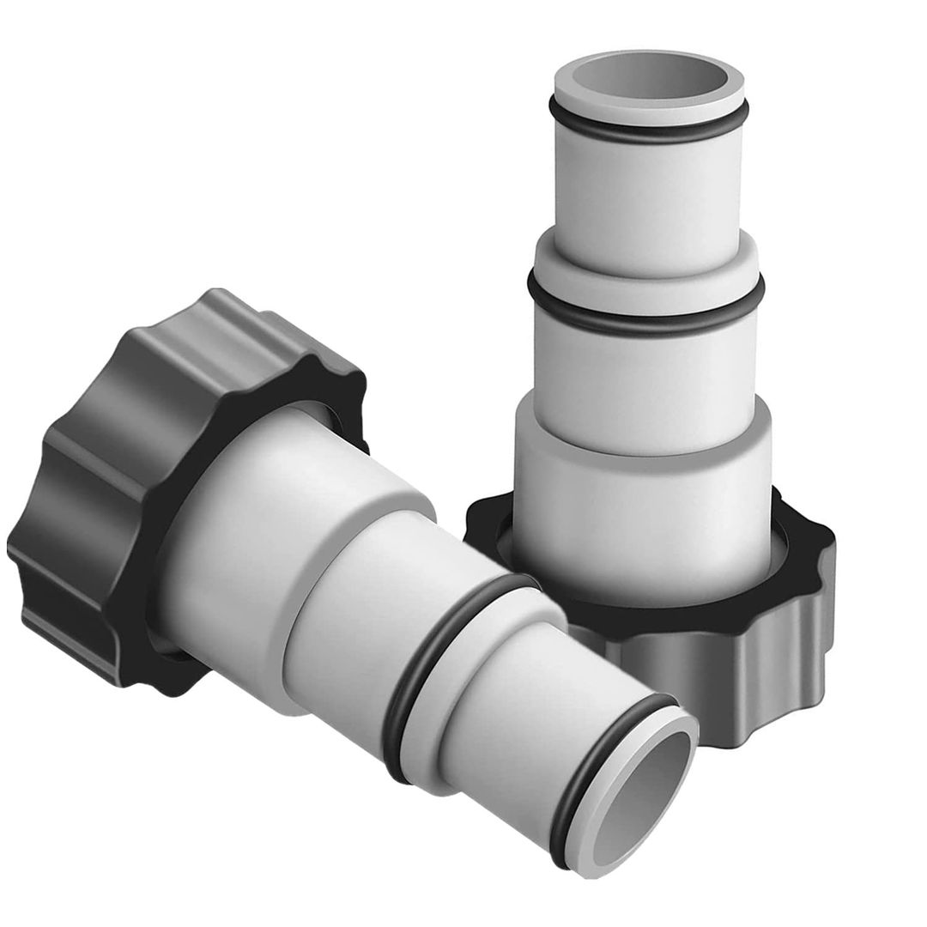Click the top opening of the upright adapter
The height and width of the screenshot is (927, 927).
pos(649,78)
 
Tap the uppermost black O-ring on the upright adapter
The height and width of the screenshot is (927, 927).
pos(648,128)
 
